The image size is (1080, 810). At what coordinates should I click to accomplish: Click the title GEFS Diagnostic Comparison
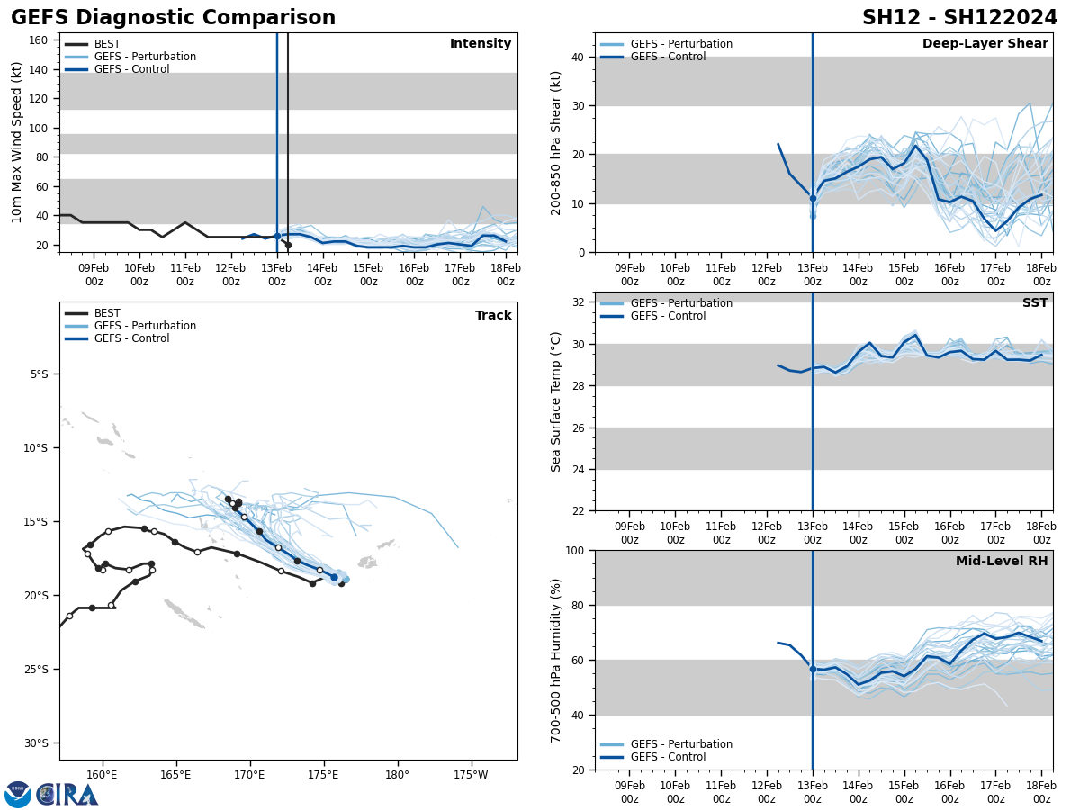tap(173, 18)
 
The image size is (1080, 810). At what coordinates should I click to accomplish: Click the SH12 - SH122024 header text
tap(959, 18)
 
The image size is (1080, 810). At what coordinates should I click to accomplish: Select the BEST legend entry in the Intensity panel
tap(106, 44)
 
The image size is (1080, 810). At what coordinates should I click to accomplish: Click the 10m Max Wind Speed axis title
tap(17, 142)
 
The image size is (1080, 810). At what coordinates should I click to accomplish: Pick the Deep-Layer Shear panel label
tap(985, 44)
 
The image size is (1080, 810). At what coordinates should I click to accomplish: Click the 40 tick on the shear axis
tap(576, 58)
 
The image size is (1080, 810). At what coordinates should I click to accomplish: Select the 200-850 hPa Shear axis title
tap(556, 142)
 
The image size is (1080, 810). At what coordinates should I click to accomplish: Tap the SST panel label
tap(1035, 303)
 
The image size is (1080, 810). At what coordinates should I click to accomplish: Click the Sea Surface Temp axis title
tap(556, 401)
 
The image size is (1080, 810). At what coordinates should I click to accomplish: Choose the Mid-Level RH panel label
tap(1002, 562)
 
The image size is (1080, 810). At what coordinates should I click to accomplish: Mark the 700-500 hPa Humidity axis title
tap(556, 660)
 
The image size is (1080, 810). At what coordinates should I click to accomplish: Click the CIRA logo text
tap(68, 795)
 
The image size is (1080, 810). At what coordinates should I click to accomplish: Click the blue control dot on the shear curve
tap(813, 198)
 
